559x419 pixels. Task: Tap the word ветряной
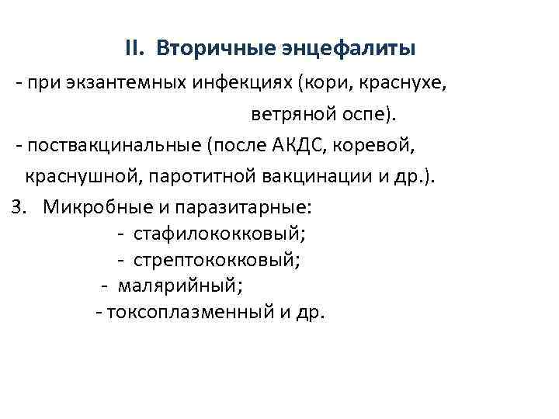tap(286, 115)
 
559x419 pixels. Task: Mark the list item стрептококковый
tap(217, 259)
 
